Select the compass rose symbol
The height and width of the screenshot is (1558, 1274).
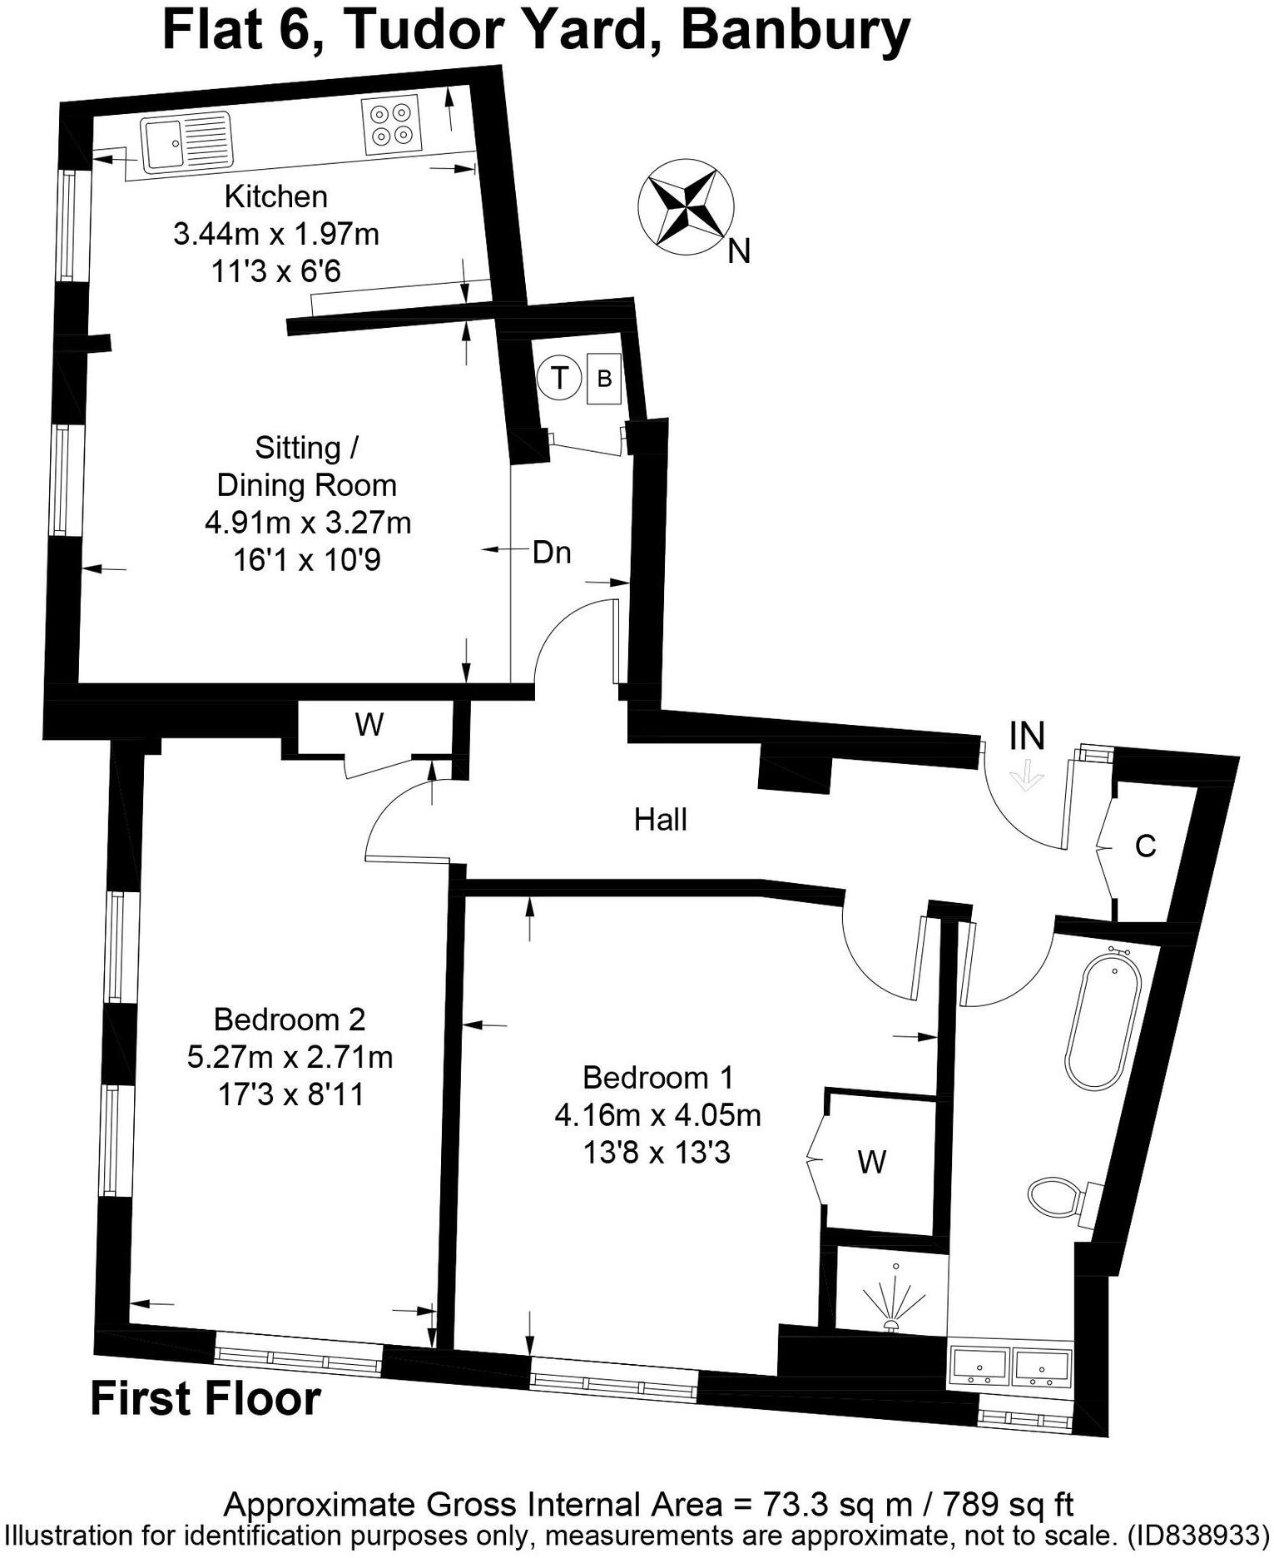[686, 205]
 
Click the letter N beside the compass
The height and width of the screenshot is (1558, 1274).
[739, 251]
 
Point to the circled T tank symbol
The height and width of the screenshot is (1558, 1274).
[559, 378]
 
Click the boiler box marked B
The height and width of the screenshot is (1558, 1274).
[604, 379]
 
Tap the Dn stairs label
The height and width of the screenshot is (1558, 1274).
[552, 553]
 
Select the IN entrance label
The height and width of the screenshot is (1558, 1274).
[1026, 736]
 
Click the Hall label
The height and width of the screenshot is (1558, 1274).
[661, 820]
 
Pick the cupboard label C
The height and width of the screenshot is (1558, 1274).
[1146, 846]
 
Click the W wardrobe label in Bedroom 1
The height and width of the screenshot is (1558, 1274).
[872, 1162]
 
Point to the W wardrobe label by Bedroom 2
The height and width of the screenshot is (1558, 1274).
[369, 726]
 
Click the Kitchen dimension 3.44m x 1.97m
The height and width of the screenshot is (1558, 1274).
[276, 235]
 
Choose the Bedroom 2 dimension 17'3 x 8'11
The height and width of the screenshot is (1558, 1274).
[290, 1094]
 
